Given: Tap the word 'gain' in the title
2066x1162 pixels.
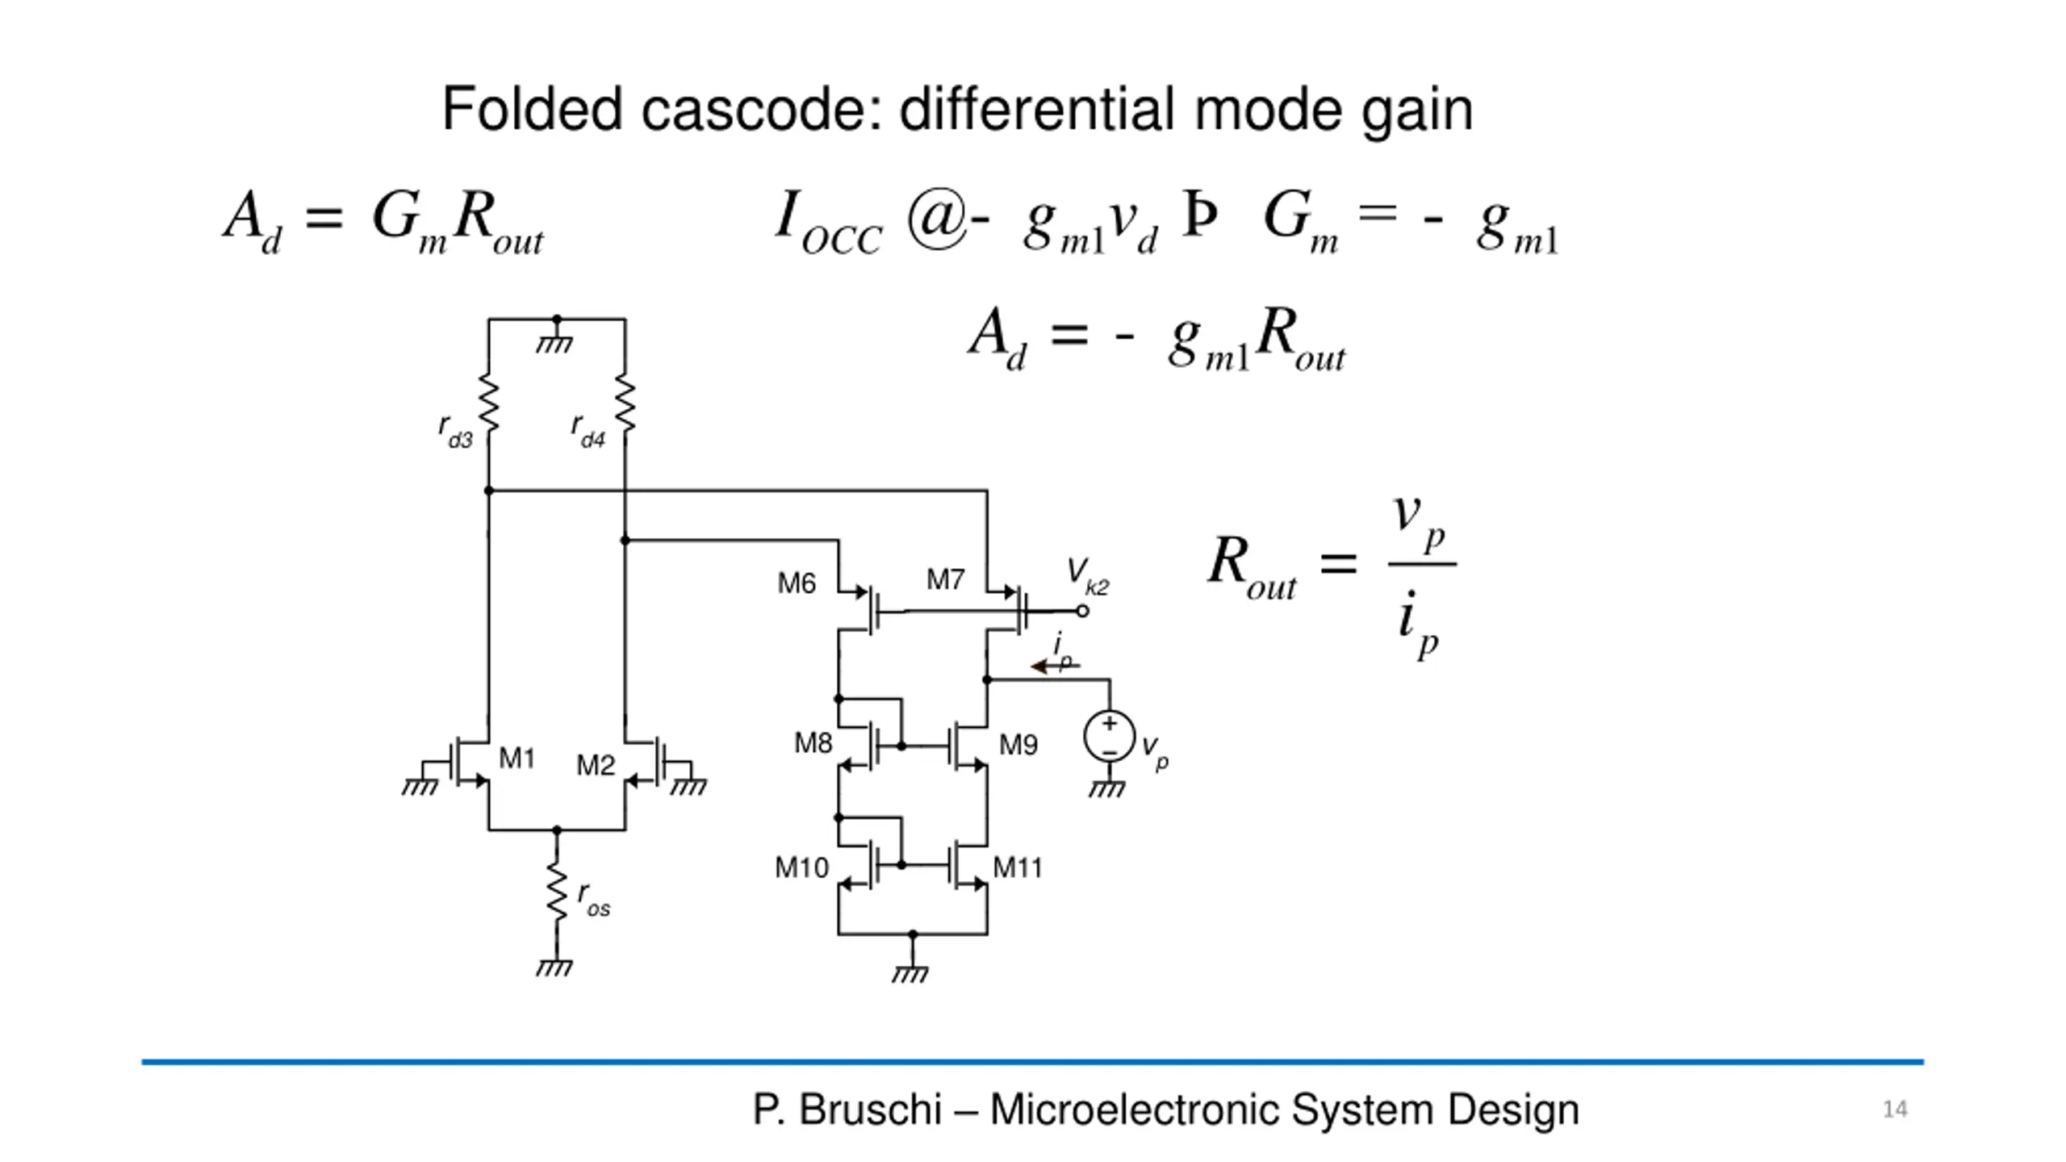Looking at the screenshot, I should [x=1417, y=111].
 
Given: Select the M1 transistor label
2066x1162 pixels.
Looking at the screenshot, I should [x=516, y=758].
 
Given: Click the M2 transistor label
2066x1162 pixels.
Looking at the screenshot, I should [x=596, y=764].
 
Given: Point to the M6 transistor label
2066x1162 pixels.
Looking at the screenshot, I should [x=797, y=583].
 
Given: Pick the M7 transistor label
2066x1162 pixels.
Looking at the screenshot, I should [x=945, y=579].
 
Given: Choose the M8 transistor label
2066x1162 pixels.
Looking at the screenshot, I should [x=813, y=743].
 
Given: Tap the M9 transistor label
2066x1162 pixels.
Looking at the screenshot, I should [x=1018, y=745].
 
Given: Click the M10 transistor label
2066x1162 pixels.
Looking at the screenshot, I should [x=801, y=867].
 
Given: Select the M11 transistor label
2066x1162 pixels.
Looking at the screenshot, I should [x=1018, y=867].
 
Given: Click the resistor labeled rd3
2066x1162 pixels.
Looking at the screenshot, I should [x=489, y=403].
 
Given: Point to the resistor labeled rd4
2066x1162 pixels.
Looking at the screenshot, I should [x=625, y=403].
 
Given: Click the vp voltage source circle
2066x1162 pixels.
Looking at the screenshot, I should [x=1110, y=736].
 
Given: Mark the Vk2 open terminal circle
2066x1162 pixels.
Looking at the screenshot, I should [x=1083, y=612].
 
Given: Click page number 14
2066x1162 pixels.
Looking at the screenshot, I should [x=1895, y=1110].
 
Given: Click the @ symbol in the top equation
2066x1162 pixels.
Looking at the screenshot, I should [x=937, y=218].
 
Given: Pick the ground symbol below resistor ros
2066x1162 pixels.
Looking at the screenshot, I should [x=554, y=967].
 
